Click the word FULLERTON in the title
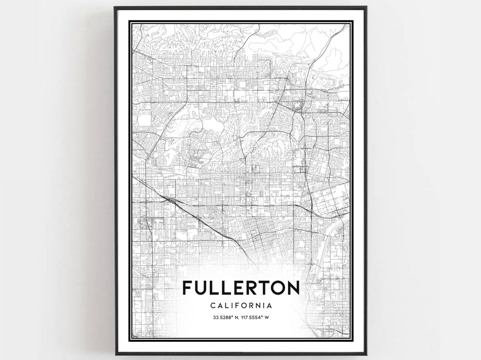tap(240, 288)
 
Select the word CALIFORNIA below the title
tap(240, 306)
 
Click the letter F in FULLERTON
tap(187, 288)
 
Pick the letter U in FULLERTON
tap(200, 288)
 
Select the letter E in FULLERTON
tap(235, 288)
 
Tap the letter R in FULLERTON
tap(248, 288)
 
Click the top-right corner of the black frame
tap(366, 7)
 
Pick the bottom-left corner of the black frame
tap(115, 354)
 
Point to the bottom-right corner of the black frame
tap(366, 354)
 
